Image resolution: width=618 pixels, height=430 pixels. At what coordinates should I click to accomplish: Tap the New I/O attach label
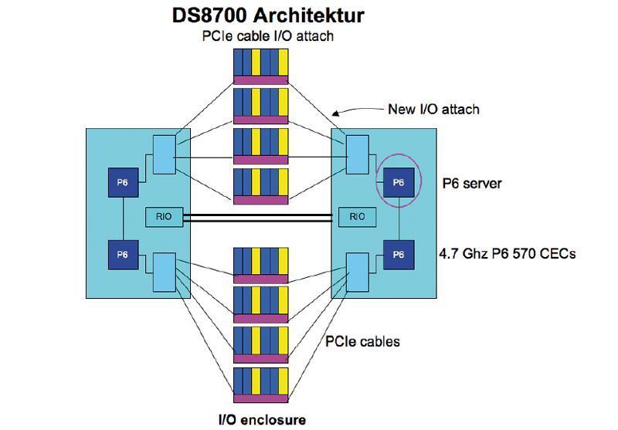pyautogui.click(x=433, y=109)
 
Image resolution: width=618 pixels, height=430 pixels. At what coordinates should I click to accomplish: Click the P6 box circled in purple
pyautogui.click(x=398, y=182)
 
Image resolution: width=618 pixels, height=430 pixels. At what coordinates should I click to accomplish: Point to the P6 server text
pyautogui.click(x=472, y=183)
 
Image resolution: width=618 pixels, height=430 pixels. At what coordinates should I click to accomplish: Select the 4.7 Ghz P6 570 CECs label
pyautogui.click(x=507, y=253)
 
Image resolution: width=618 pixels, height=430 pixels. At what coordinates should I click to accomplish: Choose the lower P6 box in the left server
pyautogui.click(x=123, y=254)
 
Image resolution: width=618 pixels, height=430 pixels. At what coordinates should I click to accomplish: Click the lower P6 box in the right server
pyautogui.click(x=398, y=254)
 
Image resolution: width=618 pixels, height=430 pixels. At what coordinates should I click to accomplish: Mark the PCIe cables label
pyautogui.click(x=362, y=340)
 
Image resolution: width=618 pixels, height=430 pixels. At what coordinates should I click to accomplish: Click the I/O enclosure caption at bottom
pyautogui.click(x=260, y=420)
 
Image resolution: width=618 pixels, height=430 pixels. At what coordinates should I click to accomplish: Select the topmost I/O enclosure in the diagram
pyautogui.click(x=260, y=65)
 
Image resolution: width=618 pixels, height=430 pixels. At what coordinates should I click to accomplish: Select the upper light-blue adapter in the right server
pyautogui.click(x=357, y=154)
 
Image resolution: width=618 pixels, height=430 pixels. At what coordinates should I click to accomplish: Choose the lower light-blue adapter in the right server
pyautogui.click(x=357, y=272)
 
